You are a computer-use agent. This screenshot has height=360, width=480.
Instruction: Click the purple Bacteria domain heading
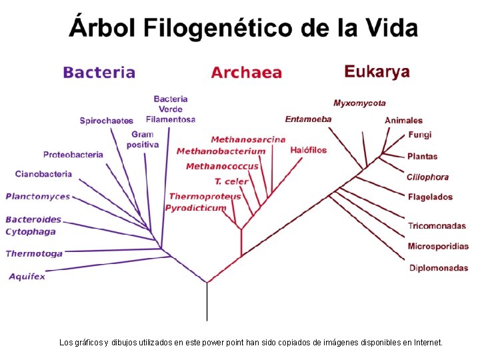coord(99,73)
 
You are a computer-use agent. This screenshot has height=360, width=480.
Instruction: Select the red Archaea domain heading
coord(247,73)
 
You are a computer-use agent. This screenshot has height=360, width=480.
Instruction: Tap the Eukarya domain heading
coord(377,71)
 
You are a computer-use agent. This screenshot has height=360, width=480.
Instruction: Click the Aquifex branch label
coord(27,277)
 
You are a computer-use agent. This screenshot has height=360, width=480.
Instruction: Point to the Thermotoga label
coord(34,253)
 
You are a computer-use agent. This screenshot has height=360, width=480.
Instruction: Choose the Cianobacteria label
coord(43,174)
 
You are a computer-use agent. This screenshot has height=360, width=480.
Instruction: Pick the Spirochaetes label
coord(107,121)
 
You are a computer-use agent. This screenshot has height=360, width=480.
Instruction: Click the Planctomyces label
coord(38,197)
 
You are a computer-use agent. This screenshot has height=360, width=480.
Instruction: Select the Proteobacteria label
coord(73,155)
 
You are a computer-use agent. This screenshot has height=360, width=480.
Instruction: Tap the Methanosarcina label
coord(248,139)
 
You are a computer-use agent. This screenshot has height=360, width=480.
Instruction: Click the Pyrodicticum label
coord(196,208)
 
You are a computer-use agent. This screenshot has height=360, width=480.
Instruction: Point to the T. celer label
coord(231,181)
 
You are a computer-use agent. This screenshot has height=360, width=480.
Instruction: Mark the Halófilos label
coord(309,150)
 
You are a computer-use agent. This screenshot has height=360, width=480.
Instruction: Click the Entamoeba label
coord(308,119)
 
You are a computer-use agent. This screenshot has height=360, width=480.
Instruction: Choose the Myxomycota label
coord(359,103)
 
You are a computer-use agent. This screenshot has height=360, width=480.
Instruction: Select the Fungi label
coord(420,135)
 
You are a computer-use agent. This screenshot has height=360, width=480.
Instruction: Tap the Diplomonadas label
coord(438,268)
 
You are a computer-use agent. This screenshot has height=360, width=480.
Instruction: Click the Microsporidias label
coord(438,246)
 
